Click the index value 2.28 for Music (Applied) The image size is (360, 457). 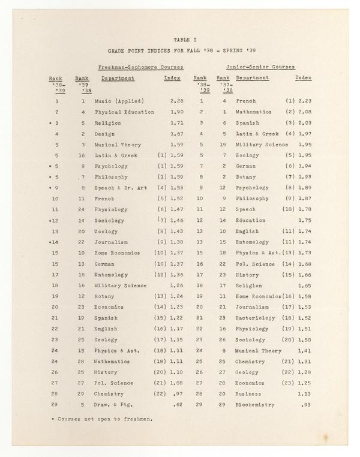point(176,101)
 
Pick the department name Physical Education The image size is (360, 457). point(124,112)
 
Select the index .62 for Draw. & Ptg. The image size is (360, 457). point(178,405)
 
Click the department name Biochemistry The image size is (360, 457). point(255,405)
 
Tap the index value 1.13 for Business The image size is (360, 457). point(304,394)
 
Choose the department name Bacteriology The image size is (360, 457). point(255,318)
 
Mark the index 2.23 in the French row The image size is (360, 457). point(304,101)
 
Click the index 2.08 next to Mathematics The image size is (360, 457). point(304,112)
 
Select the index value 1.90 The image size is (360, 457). point(176,112)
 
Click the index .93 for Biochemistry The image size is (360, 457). point(306,405)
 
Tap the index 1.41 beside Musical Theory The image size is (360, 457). point(304,350)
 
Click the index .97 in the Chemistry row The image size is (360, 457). point(178,394)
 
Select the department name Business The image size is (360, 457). point(249,394)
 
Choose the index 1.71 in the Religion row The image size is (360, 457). point(176,122)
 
